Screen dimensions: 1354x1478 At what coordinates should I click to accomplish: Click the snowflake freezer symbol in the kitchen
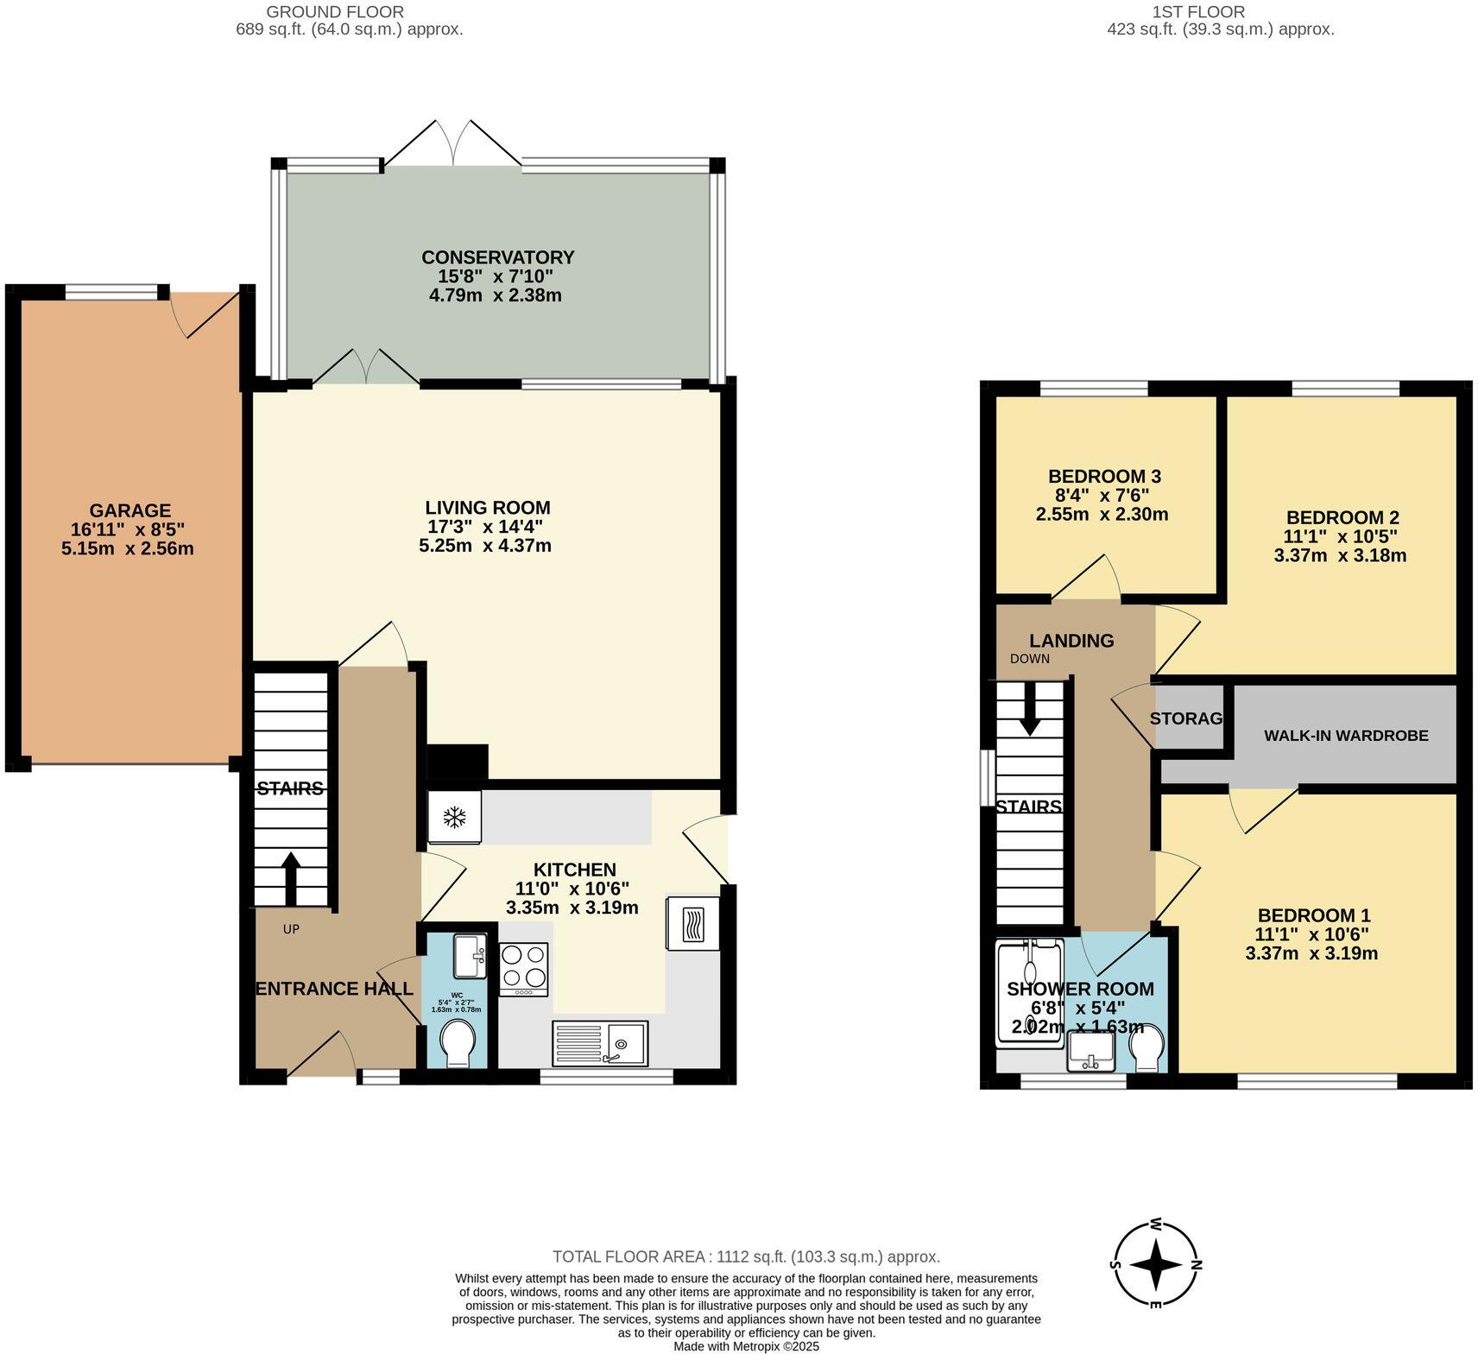tap(454, 817)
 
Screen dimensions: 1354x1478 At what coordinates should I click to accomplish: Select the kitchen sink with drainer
tap(600, 1043)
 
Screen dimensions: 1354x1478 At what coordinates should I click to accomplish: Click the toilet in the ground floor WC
tap(457, 1042)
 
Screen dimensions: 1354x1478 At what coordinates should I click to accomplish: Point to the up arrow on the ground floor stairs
tap(290, 877)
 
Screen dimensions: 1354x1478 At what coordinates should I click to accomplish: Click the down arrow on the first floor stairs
tap(1029, 709)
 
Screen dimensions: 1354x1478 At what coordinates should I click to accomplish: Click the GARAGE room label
tap(130, 510)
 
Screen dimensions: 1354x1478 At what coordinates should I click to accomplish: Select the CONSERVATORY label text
tap(497, 257)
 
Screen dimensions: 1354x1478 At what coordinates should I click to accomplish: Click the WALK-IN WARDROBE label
tap(1346, 736)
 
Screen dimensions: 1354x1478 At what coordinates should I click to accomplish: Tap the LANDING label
tap(1071, 641)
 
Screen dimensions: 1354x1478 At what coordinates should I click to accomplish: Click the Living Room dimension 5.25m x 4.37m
tap(485, 546)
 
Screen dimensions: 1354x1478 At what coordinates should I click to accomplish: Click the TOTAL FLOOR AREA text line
tap(746, 1256)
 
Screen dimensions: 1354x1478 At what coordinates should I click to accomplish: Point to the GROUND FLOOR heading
tap(335, 12)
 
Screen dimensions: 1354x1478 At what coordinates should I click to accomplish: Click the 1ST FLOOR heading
tap(1198, 12)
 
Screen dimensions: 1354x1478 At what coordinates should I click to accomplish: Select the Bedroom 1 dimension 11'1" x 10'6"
tap(1311, 934)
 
